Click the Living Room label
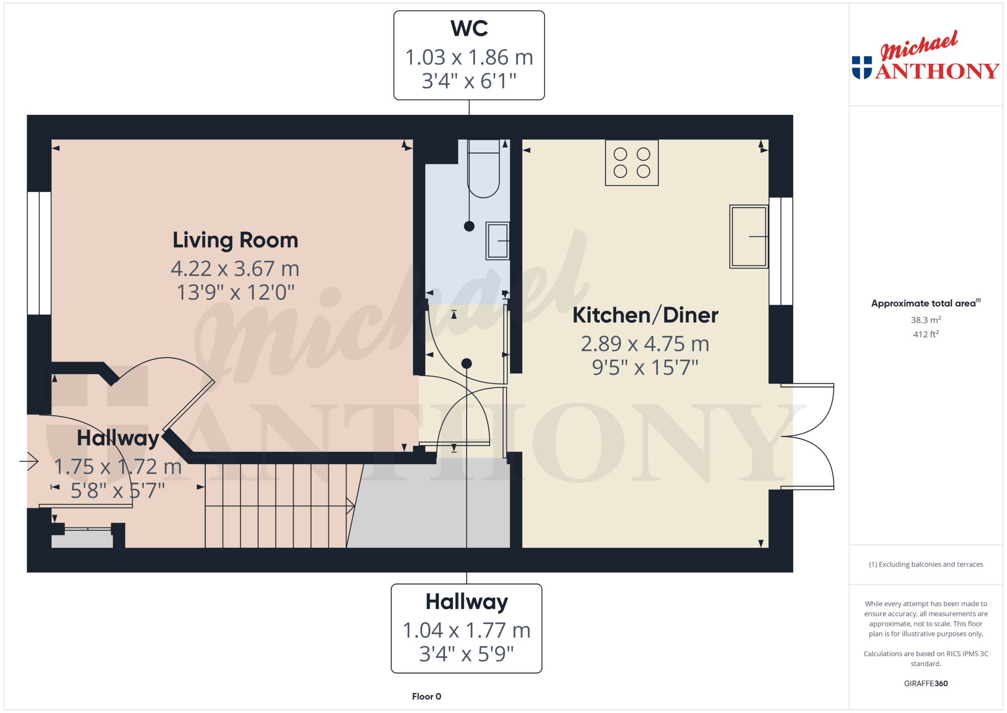[235, 240]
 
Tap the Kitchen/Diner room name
[645, 315]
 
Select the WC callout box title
[469, 28]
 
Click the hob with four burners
[632, 163]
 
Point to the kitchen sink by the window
[748, 236]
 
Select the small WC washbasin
[497, 241]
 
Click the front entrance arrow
[29, 461]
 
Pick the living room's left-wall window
[39, 253]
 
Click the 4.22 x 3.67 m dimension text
[235, 269]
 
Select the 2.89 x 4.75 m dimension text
[645, 344]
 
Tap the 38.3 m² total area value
[925, 320]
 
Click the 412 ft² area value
[925, 334]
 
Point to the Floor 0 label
[426, 696]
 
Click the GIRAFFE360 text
[925, 683]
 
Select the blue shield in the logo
[862, 68]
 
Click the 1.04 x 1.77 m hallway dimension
[466, 630]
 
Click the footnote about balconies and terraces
[925, 564]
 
